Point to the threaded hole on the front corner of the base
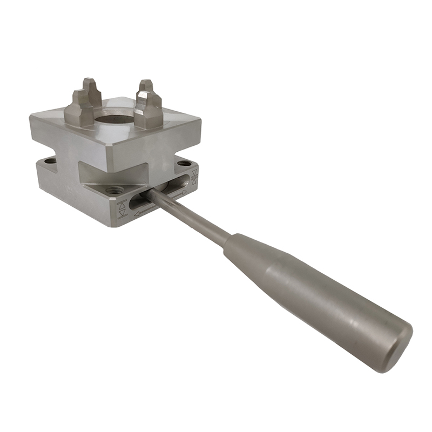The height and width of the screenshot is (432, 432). [114, 190]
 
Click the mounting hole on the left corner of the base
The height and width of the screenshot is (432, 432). [50, 161]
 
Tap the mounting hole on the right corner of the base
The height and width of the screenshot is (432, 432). [184, 163]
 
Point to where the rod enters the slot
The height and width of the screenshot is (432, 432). [148, 195]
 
